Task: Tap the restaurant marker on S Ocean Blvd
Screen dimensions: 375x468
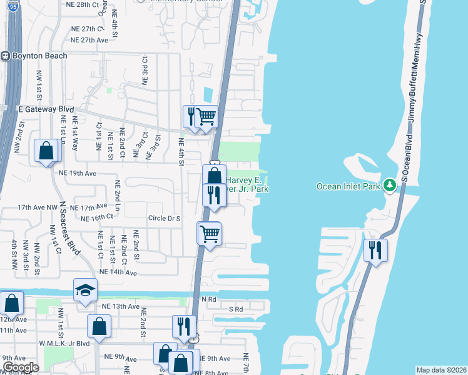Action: (376, 251)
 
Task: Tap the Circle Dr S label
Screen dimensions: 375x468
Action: (164, 219)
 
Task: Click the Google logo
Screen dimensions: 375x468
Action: (21, 367)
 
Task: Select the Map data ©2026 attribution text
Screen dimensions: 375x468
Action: (441, 370)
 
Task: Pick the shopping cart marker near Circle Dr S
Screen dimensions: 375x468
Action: (210, 234)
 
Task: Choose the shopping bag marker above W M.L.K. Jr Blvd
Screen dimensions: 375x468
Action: (99, 326)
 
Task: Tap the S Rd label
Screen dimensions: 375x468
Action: (235, 309)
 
